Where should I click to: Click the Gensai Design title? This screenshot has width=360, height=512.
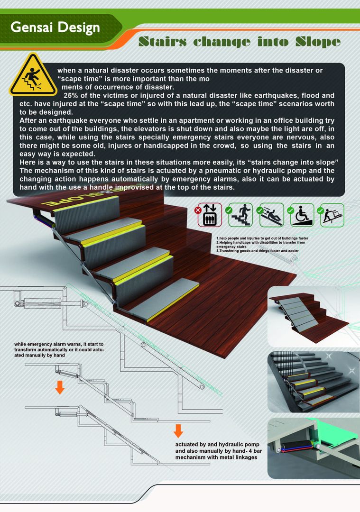pyautogui.click(x=55, y=28)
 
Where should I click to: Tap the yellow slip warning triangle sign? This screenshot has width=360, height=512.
pyautogui.click(x=33, y=75)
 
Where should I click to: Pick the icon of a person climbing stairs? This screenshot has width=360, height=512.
pyautogui.click(x=240, y=215)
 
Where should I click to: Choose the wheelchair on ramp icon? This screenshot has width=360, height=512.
pyautogui.click(x=301, y=215)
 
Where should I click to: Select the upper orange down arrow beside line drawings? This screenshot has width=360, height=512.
pyautogui.click(x=59, y=387)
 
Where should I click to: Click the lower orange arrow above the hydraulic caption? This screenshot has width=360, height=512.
pyautogui.click(x=178, y=430)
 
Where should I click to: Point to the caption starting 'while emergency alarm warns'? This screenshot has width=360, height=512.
pyautogui.click(x=59, y=349)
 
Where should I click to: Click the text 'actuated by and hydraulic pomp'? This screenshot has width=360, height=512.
pyautogui.click(x=217, y=444)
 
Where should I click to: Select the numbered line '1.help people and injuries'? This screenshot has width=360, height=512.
pyautogui.click(x=262, y=238)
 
